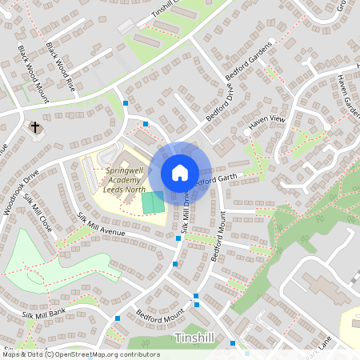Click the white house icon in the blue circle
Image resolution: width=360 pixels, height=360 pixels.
[x=180, y=172]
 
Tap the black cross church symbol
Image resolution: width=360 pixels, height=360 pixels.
[x=34, y=126]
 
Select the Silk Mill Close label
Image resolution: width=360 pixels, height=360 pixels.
[x=38, y=212]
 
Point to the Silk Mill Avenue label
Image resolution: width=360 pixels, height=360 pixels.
[x=102, y=226]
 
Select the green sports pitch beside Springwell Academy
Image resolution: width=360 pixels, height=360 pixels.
[x=153, y=202]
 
